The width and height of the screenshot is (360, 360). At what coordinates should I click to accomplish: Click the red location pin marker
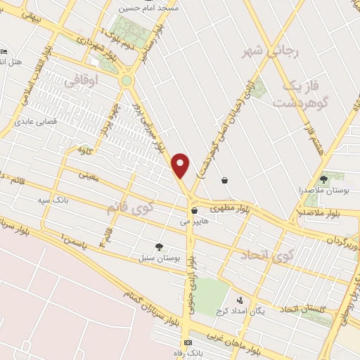click(x=181, y=165)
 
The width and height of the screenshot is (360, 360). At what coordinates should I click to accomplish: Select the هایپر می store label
click(x=195, y=221)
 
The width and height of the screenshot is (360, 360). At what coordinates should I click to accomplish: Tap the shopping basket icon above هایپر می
click(x=194, y=210)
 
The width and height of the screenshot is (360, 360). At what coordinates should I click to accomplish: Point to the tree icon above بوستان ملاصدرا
click(x=323, y=180)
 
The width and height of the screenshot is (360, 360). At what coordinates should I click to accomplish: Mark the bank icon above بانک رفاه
click(x=188, y=342)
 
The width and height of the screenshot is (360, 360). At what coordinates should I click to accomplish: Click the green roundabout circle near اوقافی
click(x=127, y=81)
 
